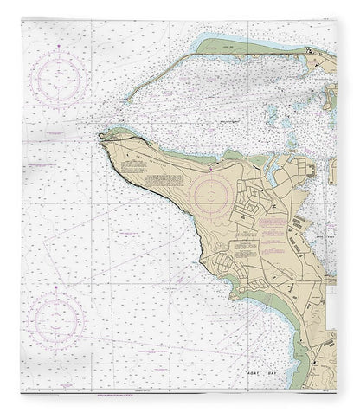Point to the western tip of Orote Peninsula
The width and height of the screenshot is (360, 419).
102,136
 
